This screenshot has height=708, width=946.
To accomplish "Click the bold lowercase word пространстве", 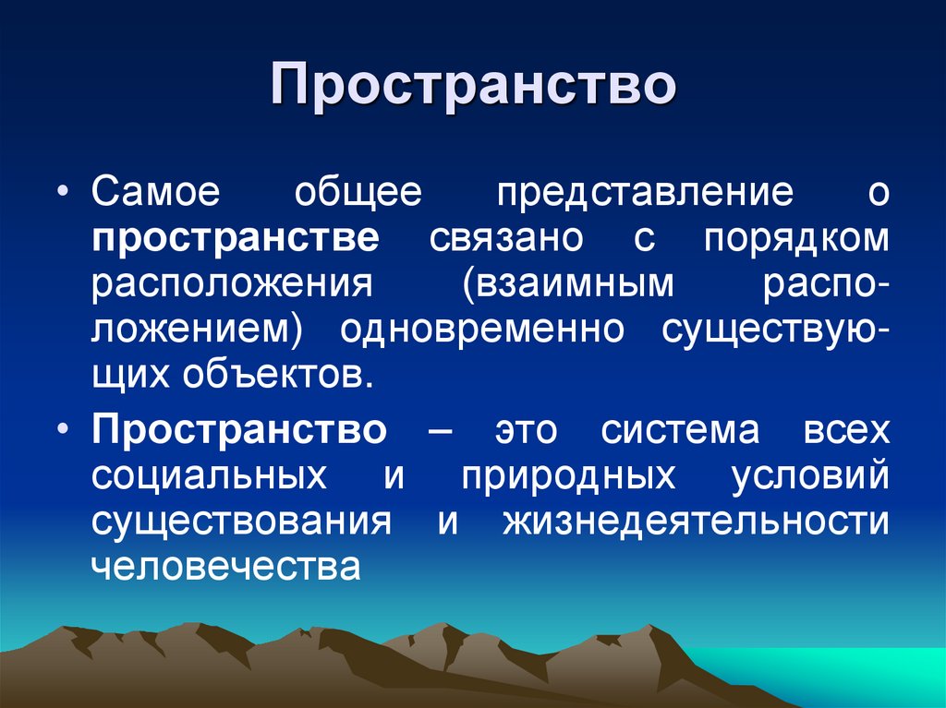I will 236,239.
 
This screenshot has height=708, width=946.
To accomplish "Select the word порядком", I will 796,239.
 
